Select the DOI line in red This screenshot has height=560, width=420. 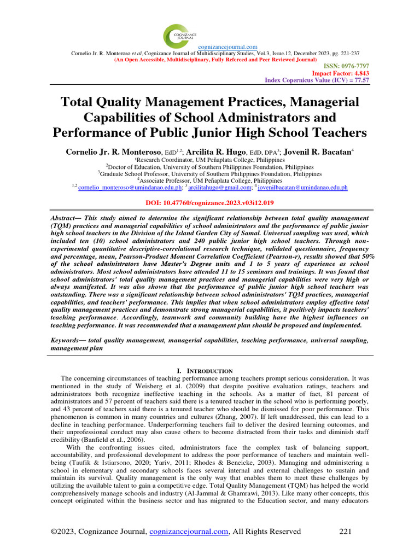coord(210,202)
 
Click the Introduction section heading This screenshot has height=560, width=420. coord(210,371)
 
